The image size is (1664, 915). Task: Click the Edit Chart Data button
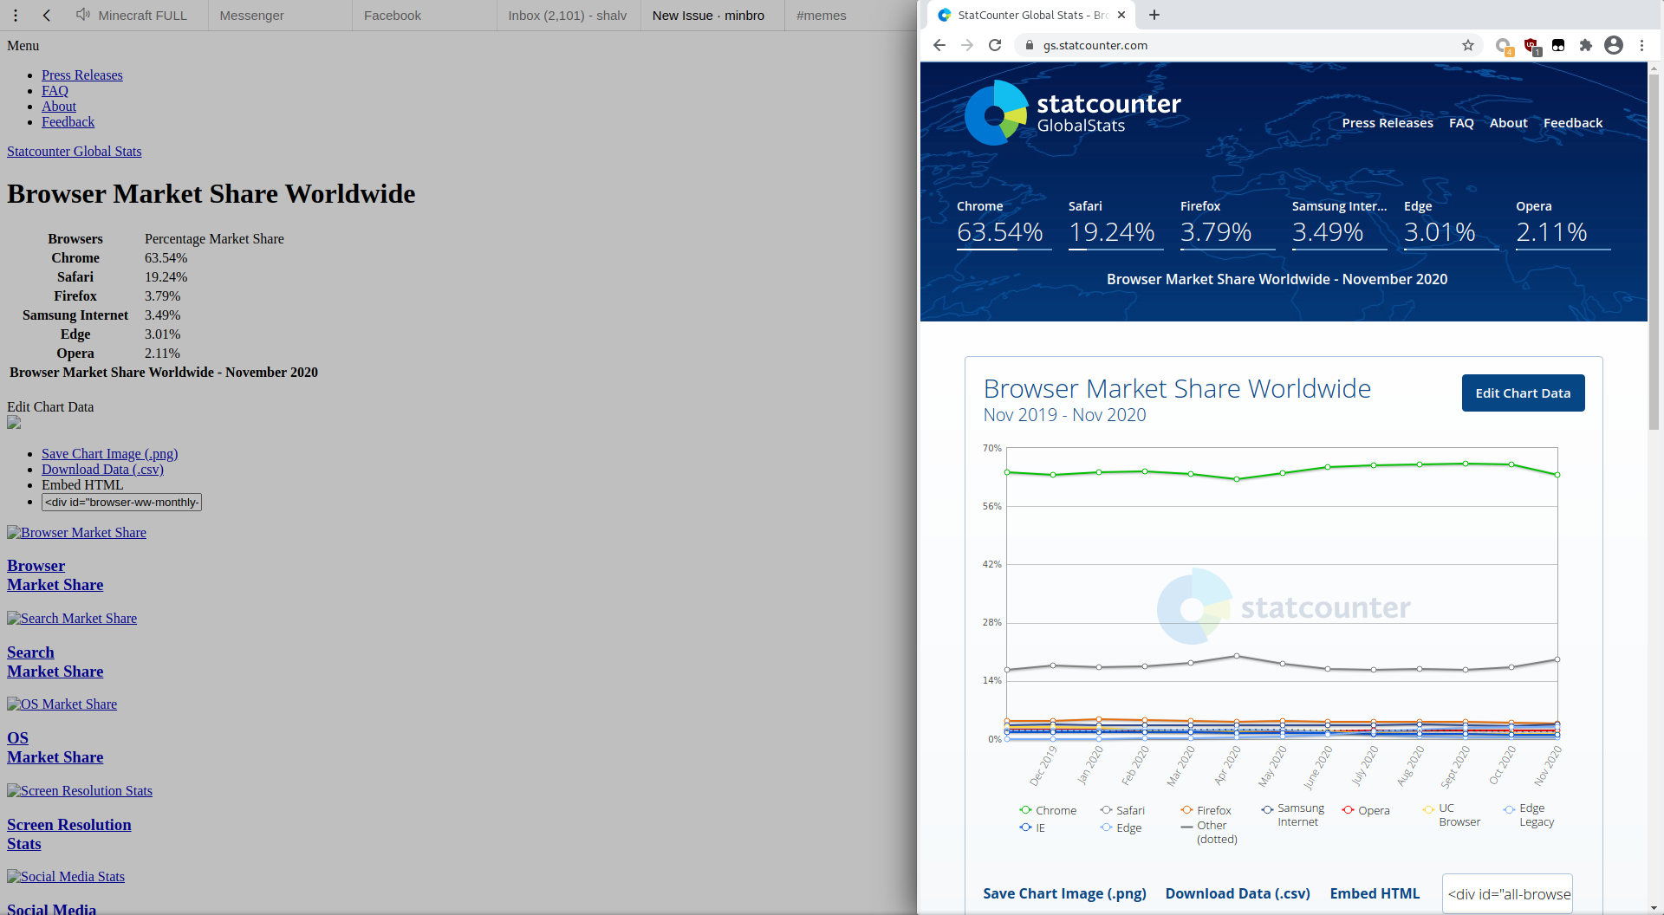1523,393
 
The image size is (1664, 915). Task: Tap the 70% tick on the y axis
991,448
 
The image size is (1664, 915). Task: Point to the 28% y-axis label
991,622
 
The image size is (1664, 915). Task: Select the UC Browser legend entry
1459,815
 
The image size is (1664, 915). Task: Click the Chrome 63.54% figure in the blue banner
999,232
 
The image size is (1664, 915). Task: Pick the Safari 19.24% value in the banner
1111,232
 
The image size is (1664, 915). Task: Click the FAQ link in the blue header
1461,123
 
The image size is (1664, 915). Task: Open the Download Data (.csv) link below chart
1238,893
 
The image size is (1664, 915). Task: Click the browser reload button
995,45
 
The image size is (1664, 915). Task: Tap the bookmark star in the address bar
1468,45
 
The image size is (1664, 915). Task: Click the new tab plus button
1154,15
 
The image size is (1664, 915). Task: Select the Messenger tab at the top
251,16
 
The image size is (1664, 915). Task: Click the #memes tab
821,16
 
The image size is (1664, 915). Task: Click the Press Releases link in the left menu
82,75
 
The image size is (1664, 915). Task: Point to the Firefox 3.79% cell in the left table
163,296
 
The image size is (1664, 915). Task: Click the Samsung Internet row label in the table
75,315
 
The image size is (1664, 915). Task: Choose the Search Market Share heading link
55,662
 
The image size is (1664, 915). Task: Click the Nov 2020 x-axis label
1547,766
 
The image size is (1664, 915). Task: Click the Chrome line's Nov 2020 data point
1557,475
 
